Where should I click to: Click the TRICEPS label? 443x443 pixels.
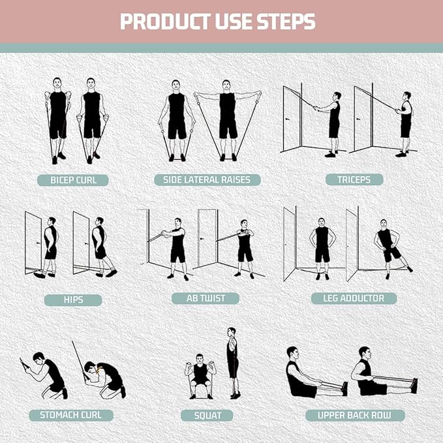(355, 179)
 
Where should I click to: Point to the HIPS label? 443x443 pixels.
(73, 299)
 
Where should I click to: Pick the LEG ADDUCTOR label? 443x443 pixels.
(354, 298)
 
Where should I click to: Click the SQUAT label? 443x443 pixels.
(207, 415)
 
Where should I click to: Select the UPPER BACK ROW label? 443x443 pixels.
(355, 415)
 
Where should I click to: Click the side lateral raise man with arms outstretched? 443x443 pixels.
(228, 117)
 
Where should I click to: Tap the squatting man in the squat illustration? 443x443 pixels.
(200, 375)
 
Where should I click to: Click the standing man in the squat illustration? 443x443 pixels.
(232, 362)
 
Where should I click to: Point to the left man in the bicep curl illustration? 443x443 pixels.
(57, 117)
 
